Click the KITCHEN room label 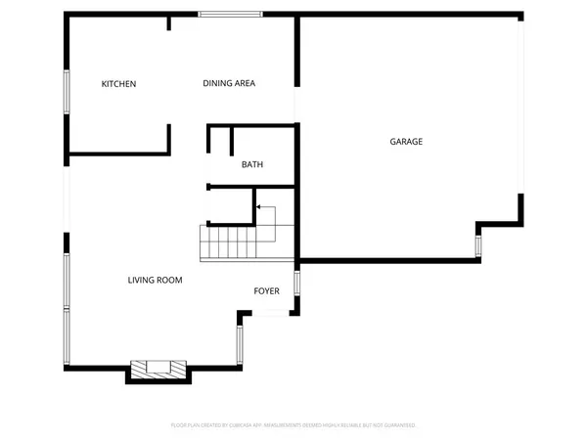click(x=118, y=84)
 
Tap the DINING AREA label click(x=229, y=84)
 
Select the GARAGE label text click(x=406, y=142)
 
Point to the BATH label click(x=252, y=164)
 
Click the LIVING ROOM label click(x=155, y=281)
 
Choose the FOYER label click(x=267, y=291)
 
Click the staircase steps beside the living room click(x=229, y=242)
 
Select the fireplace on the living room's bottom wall click(x=158, y=369)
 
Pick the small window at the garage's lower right click(x=478, y=245)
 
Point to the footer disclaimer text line click(x=293, y=425)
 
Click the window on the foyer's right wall click(x=296, y=285)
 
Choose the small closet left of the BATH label click(x=219, y=142)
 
